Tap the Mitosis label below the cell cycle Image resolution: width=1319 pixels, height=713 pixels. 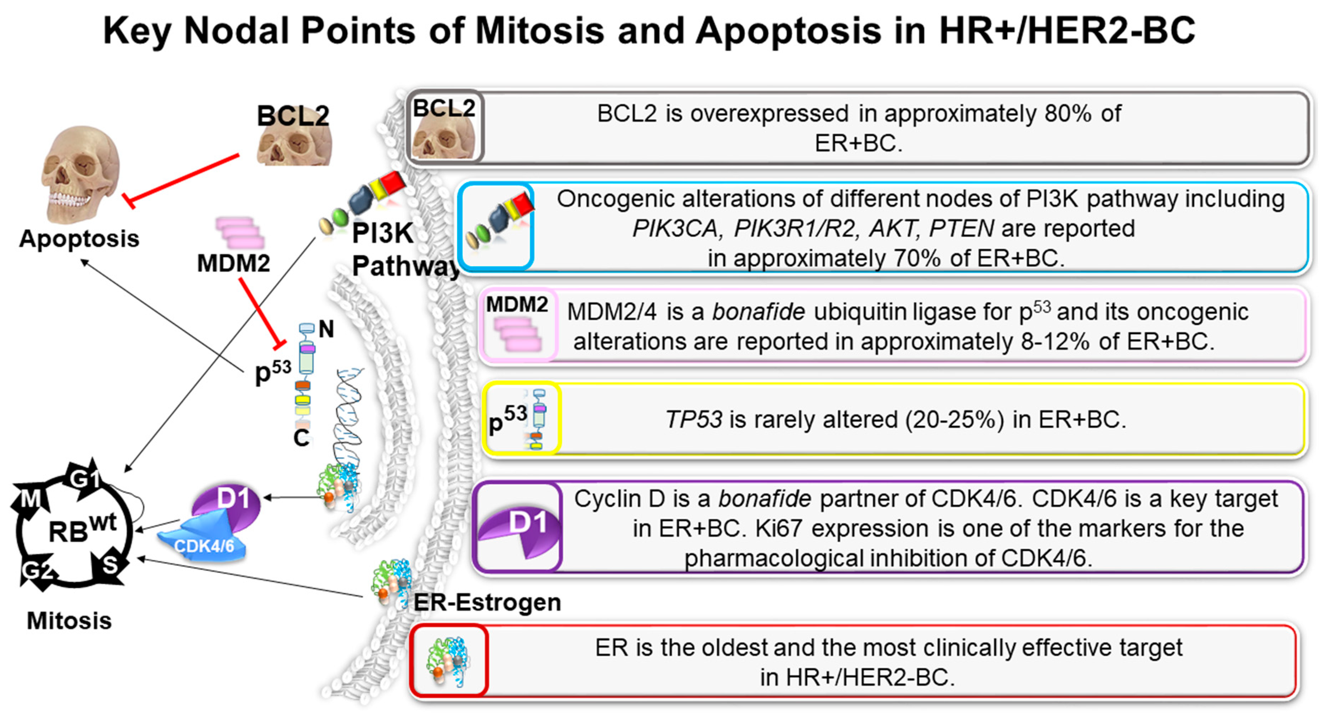(x=69, y=621)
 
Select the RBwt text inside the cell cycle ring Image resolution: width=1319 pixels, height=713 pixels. (x=82, y=529)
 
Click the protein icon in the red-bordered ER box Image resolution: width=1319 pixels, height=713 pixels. (x=449, y=661)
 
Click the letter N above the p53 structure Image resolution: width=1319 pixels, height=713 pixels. (x=326, y=329)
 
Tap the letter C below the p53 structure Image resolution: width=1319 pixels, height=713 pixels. (x=301, y=437)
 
